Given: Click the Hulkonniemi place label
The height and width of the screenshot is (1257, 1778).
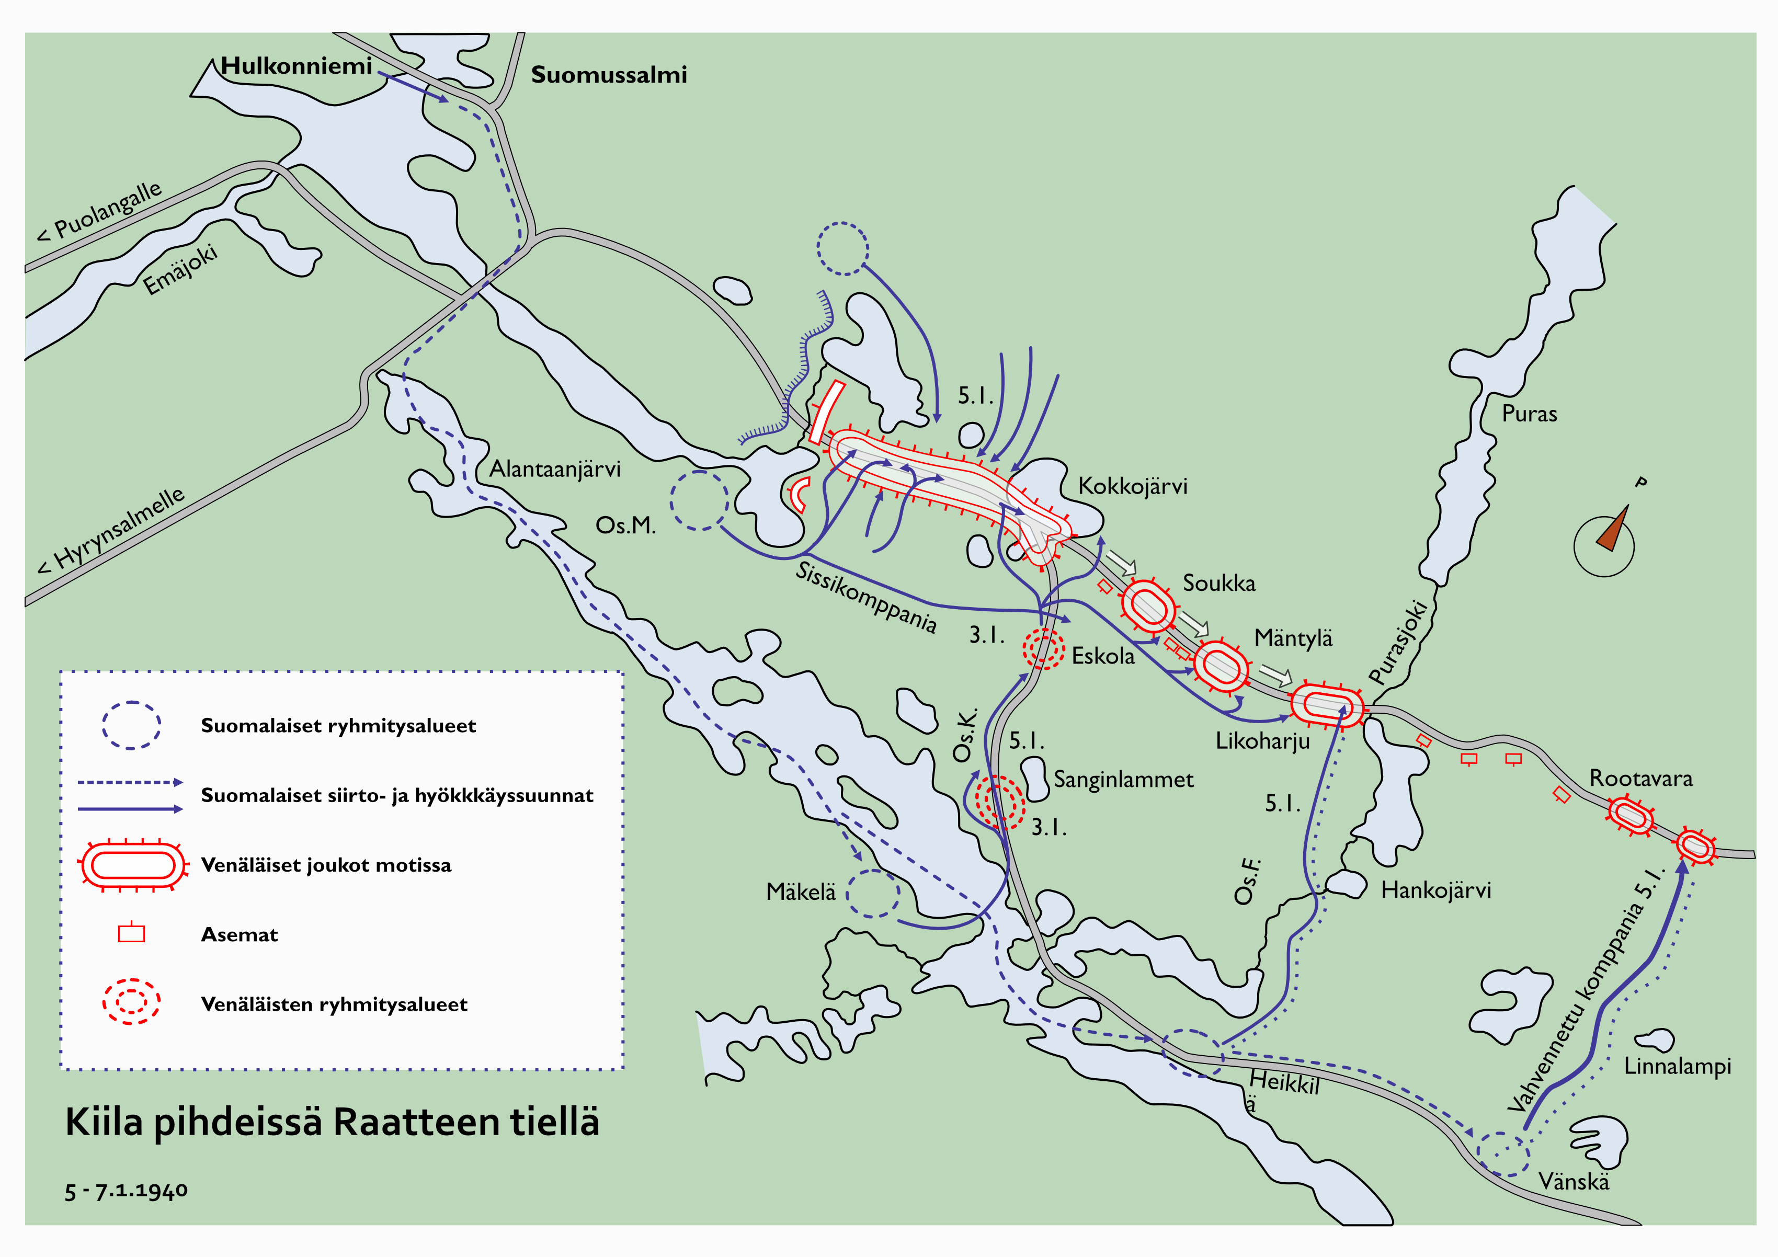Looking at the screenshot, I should (x=296, y=66).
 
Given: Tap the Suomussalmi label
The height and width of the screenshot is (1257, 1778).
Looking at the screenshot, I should (x=609, y=75).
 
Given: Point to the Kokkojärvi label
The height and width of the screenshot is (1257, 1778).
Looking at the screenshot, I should (x=1132, y=486).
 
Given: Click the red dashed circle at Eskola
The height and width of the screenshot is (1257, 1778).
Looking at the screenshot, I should (x=1043, y=648).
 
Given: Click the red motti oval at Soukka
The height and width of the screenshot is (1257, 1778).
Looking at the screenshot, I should (x=1148, y=605).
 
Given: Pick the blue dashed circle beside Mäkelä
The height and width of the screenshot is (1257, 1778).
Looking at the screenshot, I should (x=873, y=894).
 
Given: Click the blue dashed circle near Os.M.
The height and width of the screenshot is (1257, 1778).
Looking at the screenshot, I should (x=699, y=500).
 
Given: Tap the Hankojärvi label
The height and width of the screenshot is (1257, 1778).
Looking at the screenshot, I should (x=1435, y=890).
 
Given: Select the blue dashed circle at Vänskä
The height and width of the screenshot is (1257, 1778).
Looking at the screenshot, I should (x=1502, y=1154).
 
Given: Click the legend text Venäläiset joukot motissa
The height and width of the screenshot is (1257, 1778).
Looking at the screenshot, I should (x=326, y=865).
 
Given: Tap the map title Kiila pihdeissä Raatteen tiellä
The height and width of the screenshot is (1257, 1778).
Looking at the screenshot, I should (x=332, y=1122).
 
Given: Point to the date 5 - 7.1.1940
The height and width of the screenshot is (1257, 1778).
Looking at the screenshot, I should (x=126, y=1191).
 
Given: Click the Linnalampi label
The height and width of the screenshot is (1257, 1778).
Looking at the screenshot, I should (x=1677, y=1067).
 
